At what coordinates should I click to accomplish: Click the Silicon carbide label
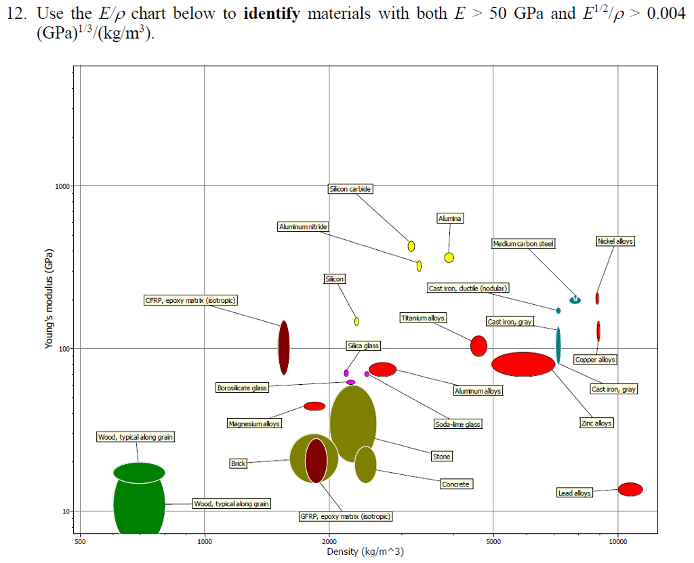350,189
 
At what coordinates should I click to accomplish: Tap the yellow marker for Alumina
449,257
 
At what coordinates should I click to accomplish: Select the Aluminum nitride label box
303,226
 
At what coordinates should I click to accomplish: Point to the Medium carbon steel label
524,243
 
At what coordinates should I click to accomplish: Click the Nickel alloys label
615,241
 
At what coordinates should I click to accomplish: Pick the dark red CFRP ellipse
284,347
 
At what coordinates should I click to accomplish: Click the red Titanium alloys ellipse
478,346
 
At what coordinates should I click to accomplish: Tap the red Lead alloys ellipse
630,489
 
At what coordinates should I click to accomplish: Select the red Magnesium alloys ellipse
314,406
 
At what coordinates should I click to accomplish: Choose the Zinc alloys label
596,423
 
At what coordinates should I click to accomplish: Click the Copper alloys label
595,360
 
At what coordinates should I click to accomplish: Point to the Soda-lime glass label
458,424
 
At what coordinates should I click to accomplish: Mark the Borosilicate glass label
242,388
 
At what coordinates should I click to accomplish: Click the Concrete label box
455,484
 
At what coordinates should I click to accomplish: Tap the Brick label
238,463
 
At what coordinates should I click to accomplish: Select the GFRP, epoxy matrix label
346,517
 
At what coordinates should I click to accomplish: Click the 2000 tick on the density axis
329,541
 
